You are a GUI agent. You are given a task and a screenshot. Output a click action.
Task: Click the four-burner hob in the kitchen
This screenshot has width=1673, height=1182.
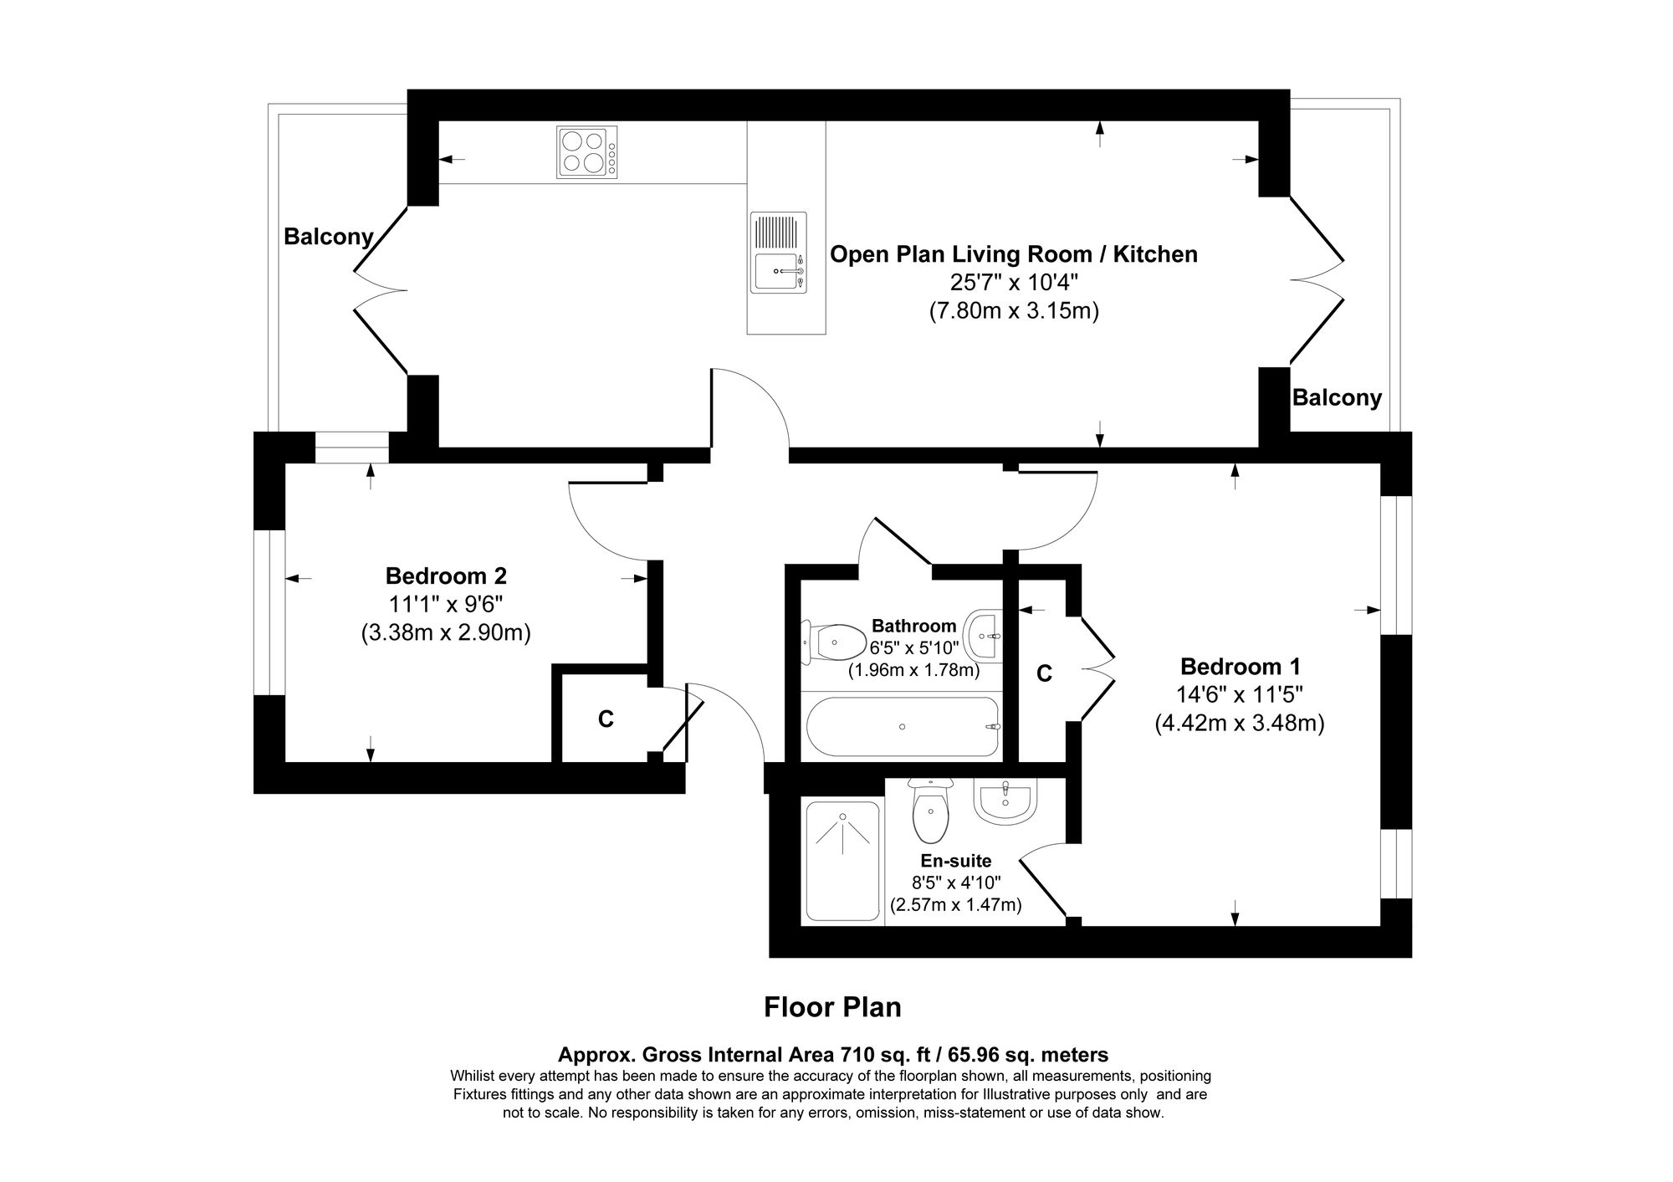coord(587,151)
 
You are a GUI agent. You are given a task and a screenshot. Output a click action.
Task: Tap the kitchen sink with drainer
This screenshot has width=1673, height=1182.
coord(779,252)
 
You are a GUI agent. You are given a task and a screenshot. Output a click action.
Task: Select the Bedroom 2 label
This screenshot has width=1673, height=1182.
coord(446,576)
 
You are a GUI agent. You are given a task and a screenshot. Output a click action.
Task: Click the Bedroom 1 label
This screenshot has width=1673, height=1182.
coord(1240,667)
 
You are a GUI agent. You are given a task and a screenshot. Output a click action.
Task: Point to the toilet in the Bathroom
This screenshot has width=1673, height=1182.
coord(836,642)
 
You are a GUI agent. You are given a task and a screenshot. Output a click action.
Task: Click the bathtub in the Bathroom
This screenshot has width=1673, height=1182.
coord(903,726)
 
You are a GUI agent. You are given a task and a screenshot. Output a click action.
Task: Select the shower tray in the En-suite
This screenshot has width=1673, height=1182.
coord(842,862)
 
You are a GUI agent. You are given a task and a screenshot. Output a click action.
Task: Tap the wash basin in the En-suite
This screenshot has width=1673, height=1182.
coord(1005,800)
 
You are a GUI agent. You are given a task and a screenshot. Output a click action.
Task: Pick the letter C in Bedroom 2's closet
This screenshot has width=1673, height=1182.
coord(606,719)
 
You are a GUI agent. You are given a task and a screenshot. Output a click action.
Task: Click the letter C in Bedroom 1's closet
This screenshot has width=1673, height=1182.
coord(1044,673)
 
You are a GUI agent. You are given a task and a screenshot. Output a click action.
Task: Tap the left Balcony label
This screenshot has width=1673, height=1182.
coord(328,237)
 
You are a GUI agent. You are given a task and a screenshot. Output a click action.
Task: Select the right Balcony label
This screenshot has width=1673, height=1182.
coord(1337,397)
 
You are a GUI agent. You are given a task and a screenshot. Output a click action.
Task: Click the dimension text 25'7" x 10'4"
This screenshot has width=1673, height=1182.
coord(1013,283)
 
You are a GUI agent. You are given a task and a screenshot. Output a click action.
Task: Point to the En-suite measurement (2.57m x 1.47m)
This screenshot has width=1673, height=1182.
coord(955,904)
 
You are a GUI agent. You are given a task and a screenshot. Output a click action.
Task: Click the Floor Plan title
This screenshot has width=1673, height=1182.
coord(832,1007)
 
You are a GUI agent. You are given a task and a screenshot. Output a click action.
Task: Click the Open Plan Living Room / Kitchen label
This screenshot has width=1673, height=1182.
coord(1013,254)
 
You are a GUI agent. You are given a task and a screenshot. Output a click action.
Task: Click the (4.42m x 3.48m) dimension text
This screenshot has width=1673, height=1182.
coord(1240,723)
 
